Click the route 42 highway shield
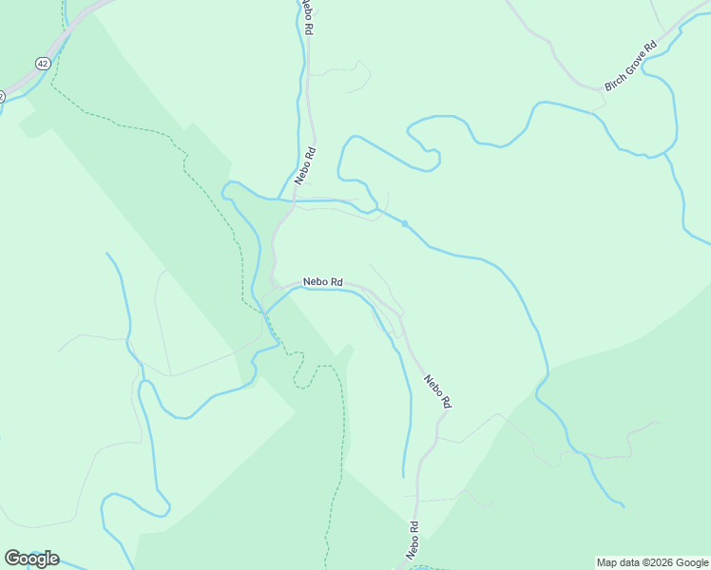42,63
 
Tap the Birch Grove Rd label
630,66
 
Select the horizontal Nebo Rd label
323,282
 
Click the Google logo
31,559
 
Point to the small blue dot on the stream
405,224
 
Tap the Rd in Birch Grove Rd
650,47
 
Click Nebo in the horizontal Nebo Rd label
316,282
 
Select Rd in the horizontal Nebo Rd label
336,283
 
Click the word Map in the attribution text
606,562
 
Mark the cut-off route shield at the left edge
2,96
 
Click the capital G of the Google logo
11,558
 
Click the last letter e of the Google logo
53,560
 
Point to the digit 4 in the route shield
40,63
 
